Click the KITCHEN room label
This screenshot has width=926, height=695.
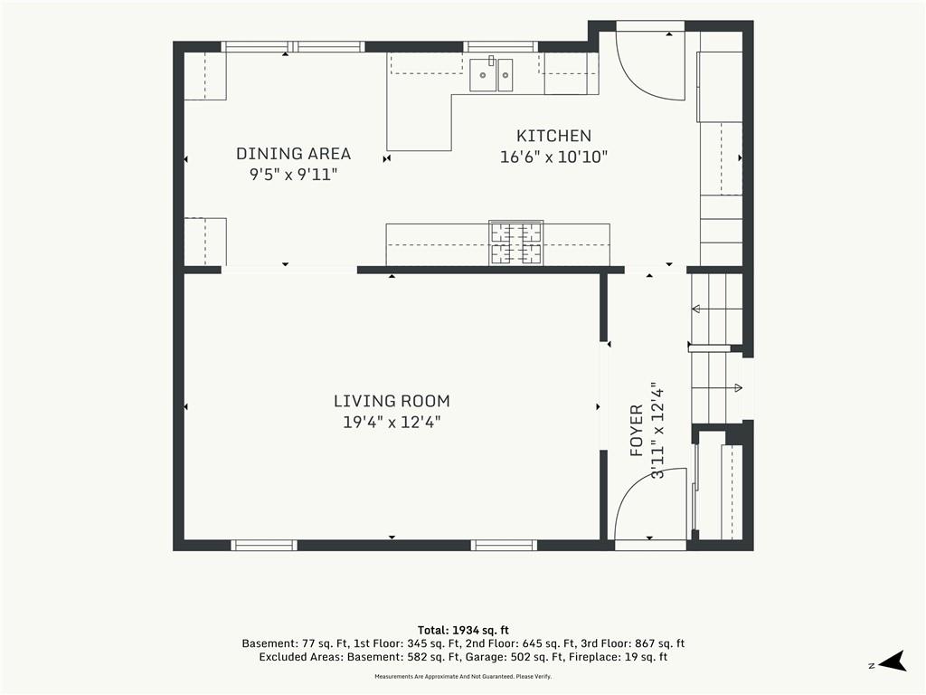click(x=553, y=136)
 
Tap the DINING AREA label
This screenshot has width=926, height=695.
click(x=294, y=154)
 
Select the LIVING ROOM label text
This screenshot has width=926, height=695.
click(x=392, y=401)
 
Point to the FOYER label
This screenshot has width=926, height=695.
click(x=637, y=430)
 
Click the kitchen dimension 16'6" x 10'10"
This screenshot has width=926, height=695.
click(x=553, y=157)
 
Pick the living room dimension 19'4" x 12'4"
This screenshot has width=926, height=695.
click(x=392, y=423)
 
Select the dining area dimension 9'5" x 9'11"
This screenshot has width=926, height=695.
click(x=294, y=175)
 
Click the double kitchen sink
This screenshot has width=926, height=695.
click(x=491, y=74)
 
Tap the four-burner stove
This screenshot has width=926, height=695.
click(x=516, y=243)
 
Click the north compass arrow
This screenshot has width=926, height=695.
click(x=893, y=662)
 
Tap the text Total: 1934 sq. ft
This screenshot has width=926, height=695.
click(x=463, y=631)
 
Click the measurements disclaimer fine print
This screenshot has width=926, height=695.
click(x=463, y=677)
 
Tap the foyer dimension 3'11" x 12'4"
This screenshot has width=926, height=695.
click(x=657, y=430)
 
